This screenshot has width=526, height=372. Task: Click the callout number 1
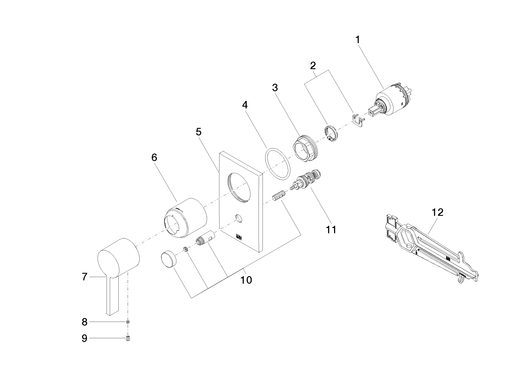coord(358,40)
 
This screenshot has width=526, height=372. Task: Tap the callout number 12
coord(438,212)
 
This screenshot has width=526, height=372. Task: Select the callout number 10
coord(246,280)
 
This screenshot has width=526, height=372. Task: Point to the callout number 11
coord(331,229)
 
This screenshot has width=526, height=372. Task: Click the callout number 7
coord(85,277)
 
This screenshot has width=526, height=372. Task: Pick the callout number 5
coord(198,132)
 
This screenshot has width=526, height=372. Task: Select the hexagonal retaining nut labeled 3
coord(305,148)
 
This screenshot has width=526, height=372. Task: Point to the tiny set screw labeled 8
coord(128,322)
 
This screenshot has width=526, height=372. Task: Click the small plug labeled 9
coord(128,338)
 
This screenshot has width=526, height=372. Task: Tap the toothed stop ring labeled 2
coord(331,134)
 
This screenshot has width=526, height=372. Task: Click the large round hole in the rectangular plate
coord(239,188)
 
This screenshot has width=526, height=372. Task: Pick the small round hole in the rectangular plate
coord(239,218)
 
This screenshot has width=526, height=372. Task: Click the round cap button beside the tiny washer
coord(169,259)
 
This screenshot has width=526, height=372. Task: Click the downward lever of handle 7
coord(114,296)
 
